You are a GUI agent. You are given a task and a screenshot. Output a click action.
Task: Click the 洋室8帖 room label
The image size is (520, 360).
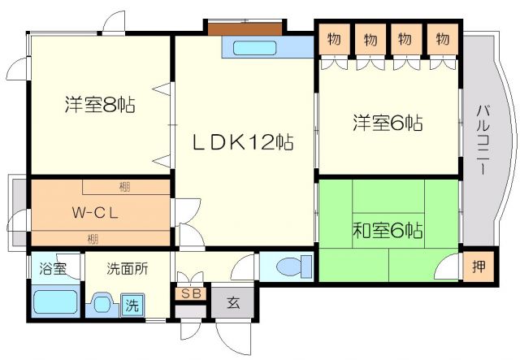pos(100,105)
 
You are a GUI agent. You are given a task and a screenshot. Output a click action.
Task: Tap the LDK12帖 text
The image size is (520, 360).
pos(242,142)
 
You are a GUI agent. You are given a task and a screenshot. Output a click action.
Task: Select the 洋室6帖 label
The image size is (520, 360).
pos(387,124)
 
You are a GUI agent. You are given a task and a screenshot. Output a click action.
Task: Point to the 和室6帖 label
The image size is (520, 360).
pos(387,230)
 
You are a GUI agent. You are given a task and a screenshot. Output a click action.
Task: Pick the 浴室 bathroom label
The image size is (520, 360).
pos(49,268)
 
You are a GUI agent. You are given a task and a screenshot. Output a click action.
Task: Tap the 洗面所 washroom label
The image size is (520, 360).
pos(127,268)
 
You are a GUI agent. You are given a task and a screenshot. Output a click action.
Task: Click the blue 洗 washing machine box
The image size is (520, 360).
pos(132,306)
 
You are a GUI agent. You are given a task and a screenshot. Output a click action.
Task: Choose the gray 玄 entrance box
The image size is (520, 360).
pos(233,303)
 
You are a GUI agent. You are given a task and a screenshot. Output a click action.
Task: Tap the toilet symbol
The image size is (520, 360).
pos(290,267)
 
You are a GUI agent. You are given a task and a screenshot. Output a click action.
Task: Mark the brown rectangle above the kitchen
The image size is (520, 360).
pos(244,28)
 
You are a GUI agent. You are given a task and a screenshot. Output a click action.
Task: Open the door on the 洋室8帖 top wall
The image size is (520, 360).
pos(115,22)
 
